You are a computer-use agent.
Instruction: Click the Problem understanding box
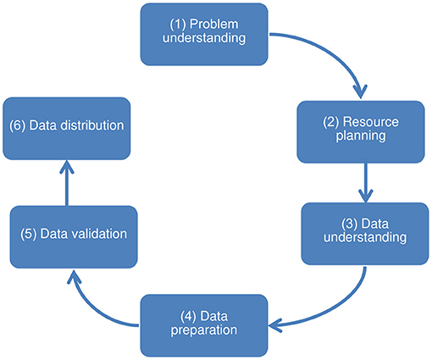point(204,35)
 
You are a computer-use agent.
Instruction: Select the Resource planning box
point(361,132)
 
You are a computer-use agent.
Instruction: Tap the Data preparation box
point(204,325)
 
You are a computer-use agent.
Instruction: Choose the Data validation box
point(74,237)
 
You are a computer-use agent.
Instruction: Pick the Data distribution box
point(67,129)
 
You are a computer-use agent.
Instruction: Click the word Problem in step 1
point(214,25)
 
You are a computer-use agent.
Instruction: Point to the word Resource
point(371,122)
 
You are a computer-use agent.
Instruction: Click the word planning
point(361,136)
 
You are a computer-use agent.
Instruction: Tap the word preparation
point(204,330)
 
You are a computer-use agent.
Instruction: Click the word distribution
point(92,125)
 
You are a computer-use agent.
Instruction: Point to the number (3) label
point(350,224)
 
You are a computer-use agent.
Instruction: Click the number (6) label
point(18,125)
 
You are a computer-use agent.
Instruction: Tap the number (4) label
point(188,316)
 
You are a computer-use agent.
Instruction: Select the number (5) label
point(29,234)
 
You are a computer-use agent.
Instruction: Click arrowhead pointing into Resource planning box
point(361,91)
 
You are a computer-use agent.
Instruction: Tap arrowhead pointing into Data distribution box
point(67,167)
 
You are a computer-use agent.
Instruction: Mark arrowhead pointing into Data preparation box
point(275,325)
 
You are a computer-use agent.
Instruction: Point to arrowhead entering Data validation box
point(74,277)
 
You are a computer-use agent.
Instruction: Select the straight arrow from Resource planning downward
point(366,183)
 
